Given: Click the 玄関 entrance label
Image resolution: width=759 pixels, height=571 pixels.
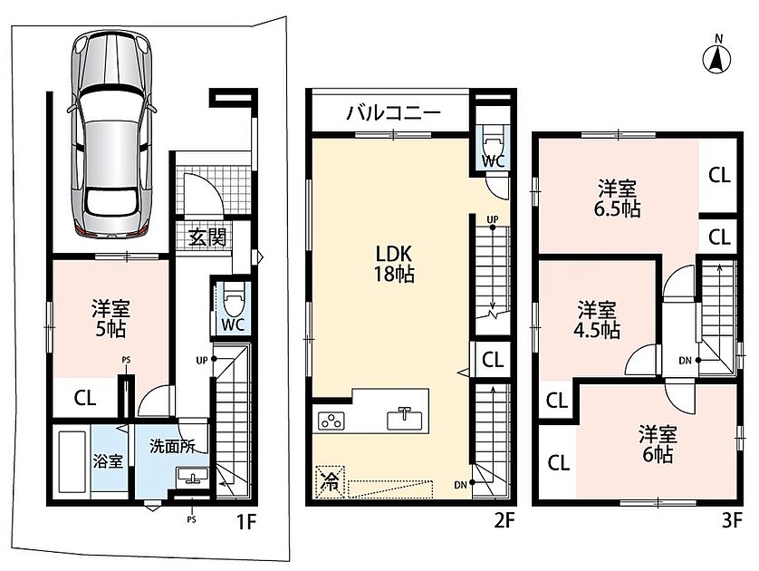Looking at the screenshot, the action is [x=207, y=237].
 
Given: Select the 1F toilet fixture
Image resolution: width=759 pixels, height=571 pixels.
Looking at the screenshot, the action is [x=234, y=300].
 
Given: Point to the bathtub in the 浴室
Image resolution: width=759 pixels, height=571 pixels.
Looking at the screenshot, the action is [x=72, y=461].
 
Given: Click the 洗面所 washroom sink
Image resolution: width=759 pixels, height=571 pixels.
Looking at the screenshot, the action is [x=193, y=476].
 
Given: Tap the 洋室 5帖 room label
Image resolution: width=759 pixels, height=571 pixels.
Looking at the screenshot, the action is [x=110, y=318].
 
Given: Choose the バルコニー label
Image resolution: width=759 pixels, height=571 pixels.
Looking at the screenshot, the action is [x=393, y=113].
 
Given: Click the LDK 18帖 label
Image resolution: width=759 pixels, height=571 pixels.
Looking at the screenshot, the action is [x=393, y=264].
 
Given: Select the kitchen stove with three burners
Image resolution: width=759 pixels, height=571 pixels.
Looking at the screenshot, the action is [x=331, y=420].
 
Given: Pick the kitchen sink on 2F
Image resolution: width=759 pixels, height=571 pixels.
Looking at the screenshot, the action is [x=404, y=418].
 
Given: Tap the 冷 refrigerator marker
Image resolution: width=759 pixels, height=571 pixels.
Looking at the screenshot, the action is [x=330, y=481].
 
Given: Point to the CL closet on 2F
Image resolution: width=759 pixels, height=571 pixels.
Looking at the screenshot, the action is [x=493, y=359].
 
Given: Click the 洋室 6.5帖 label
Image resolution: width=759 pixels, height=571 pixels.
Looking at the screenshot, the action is [x=617, y=198].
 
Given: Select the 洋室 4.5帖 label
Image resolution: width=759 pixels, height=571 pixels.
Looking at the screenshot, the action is [x=597, y=320].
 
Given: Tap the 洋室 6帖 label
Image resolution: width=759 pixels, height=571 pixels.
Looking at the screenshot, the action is [x=658, y=444].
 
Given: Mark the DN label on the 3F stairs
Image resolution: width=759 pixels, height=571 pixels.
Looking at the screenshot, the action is [x=685, y=360].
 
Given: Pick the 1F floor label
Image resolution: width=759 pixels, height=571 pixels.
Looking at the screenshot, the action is [x=245, y=522].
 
